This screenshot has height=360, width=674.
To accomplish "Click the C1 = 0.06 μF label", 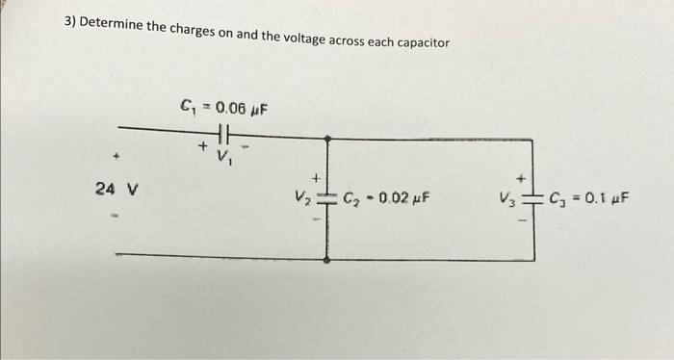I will point(223,106).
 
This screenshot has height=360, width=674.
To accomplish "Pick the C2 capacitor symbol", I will point(327,200).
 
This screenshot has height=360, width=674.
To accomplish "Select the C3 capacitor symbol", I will point(532,200).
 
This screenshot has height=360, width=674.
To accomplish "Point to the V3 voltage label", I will point(506,200).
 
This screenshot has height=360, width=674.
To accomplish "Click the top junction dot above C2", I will point(327,139).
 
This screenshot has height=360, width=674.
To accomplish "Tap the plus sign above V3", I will point(520,178).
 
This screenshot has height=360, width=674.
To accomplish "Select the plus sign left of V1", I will point(203,147).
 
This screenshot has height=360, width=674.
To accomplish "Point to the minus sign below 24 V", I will point(114,216).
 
